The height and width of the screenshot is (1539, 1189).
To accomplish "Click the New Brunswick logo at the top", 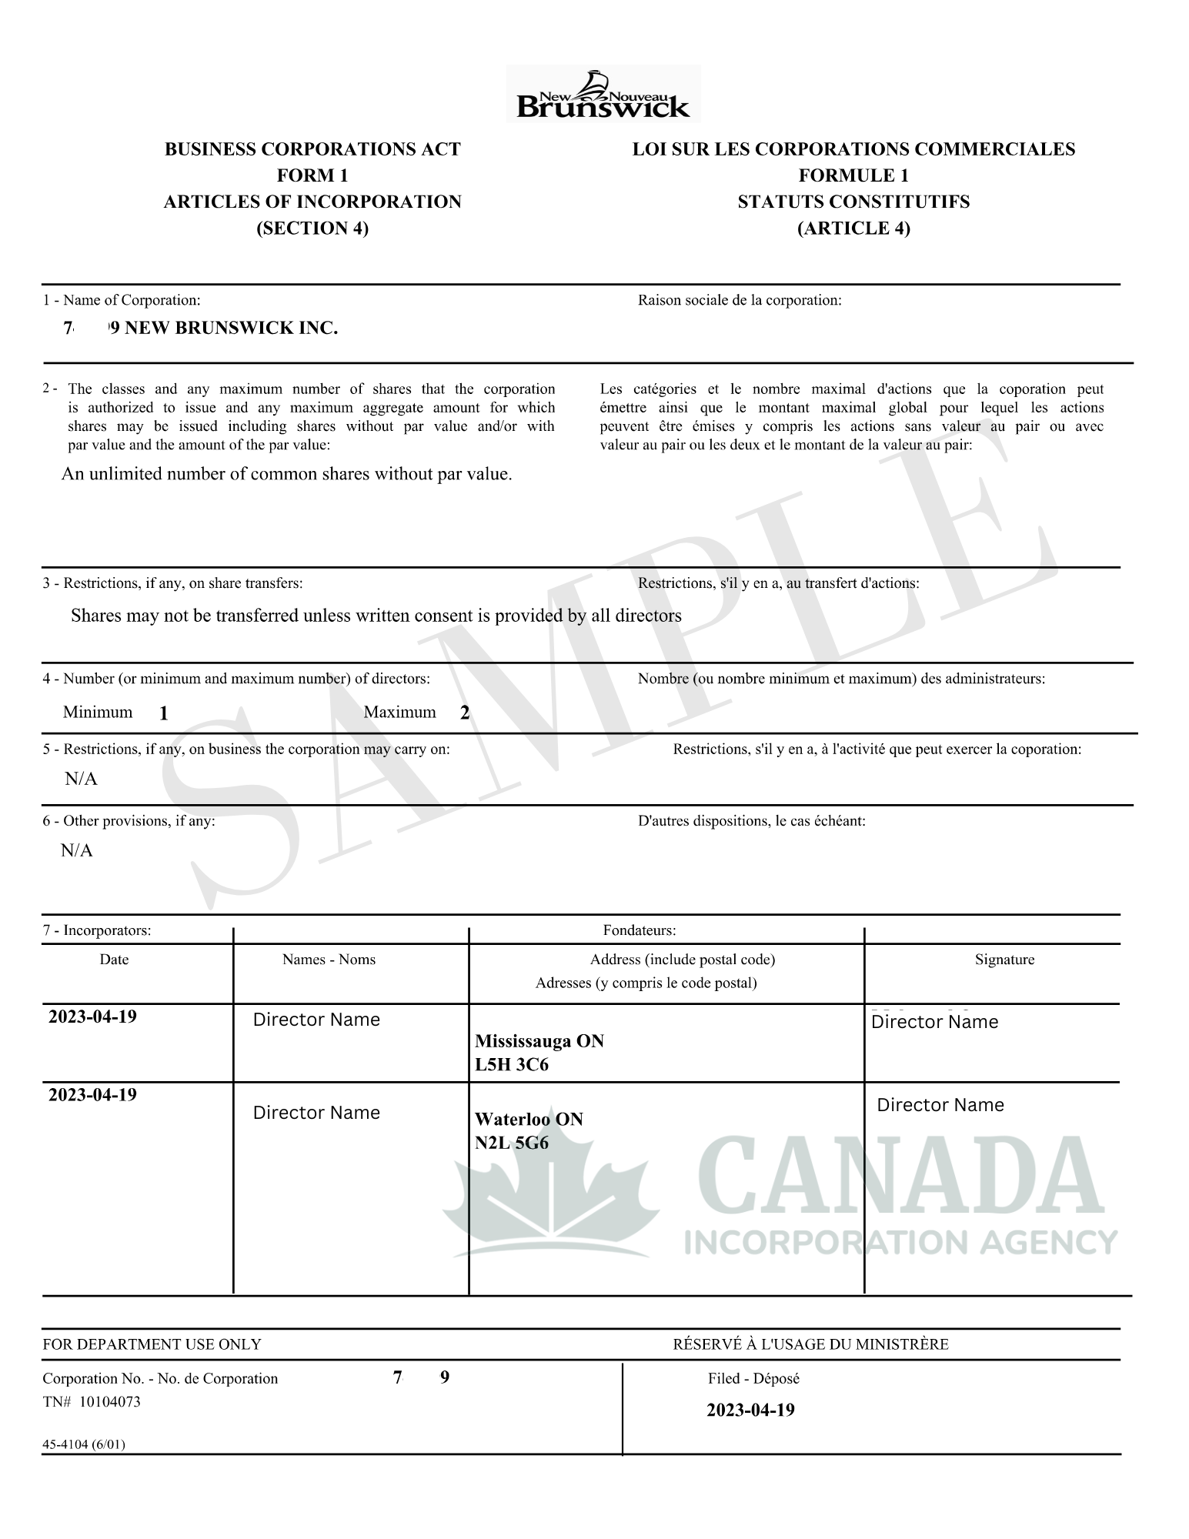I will (x=603, y=95).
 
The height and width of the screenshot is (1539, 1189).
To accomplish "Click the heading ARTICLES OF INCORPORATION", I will (x=312, y=202).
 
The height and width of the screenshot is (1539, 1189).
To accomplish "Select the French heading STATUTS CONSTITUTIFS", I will (x=853, y=202).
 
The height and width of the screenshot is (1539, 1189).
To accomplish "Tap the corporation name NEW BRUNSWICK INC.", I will (x=223, y=329).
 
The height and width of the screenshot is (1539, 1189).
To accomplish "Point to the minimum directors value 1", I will (x=164, y=714).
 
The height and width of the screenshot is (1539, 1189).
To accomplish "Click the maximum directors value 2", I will (x=465, y=713).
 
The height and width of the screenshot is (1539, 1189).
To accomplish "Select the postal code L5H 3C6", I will (x=512, y=1065).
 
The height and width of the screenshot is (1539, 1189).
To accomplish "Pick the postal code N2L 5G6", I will (x=512, y=1143).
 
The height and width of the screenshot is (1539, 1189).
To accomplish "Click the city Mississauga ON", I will (x=539, y=1041).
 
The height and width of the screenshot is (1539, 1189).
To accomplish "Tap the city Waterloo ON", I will (x=529, y=1119).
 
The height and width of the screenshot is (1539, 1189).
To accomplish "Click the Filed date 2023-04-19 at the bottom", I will (x=750, y=1410).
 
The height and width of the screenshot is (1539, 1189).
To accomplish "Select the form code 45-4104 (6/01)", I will (x=83, y=1444).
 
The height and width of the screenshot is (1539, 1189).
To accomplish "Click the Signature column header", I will (x=1004, y=960).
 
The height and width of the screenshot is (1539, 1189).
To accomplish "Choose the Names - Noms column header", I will (x=329, y=960).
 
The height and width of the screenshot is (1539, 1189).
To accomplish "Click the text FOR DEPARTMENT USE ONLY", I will (x=152, y=1344).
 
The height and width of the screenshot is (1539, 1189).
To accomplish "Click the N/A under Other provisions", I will (x=77, y=850).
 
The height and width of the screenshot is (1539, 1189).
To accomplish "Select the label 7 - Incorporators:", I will (x=97, y=930).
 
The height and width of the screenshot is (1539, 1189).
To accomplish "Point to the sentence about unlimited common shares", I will (x=286, y=474).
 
